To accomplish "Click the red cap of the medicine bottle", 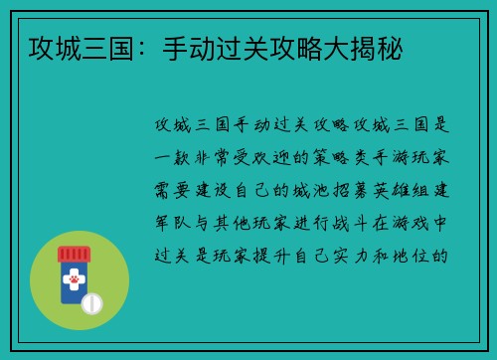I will pyautogui.click(x=73, y=254).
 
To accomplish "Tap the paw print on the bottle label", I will pyautogui.click(x=73, y=281).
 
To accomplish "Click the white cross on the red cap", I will pyautogui.click(x=73, y=254).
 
